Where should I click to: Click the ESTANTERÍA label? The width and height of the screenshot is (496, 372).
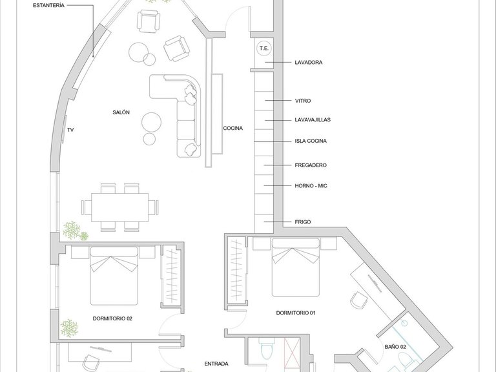[48, 5]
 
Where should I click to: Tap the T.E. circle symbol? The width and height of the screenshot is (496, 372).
[263, 48]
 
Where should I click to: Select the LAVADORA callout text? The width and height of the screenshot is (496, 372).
[309, 62]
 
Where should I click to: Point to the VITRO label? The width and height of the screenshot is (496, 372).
[303, 101]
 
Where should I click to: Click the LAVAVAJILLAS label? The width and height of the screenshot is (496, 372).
[313, 119]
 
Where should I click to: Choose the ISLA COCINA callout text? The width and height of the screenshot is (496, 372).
[311, 141]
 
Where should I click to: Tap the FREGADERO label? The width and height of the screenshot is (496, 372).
[310, 165]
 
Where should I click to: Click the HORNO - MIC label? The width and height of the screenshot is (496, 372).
[311, 186]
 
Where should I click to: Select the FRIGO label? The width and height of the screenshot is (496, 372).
[303, 222]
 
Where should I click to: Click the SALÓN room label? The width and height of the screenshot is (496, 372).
[121, 112]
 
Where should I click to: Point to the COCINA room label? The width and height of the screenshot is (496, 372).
[232, 128]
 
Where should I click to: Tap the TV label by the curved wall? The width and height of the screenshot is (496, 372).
[70, 130]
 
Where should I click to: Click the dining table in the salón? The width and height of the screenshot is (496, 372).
[120, 207]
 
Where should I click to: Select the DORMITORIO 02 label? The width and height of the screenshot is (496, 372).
[112, 318]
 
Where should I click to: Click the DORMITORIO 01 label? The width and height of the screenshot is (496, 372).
[296, 313]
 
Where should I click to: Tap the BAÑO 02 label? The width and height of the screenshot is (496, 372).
[395, 347]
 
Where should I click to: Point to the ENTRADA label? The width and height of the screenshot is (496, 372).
[216, 364]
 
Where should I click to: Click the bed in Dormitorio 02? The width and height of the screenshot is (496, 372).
[114, 276]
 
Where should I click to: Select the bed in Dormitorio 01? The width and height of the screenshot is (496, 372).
[295, 267]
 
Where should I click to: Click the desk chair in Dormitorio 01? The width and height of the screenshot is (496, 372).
[359, 300]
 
